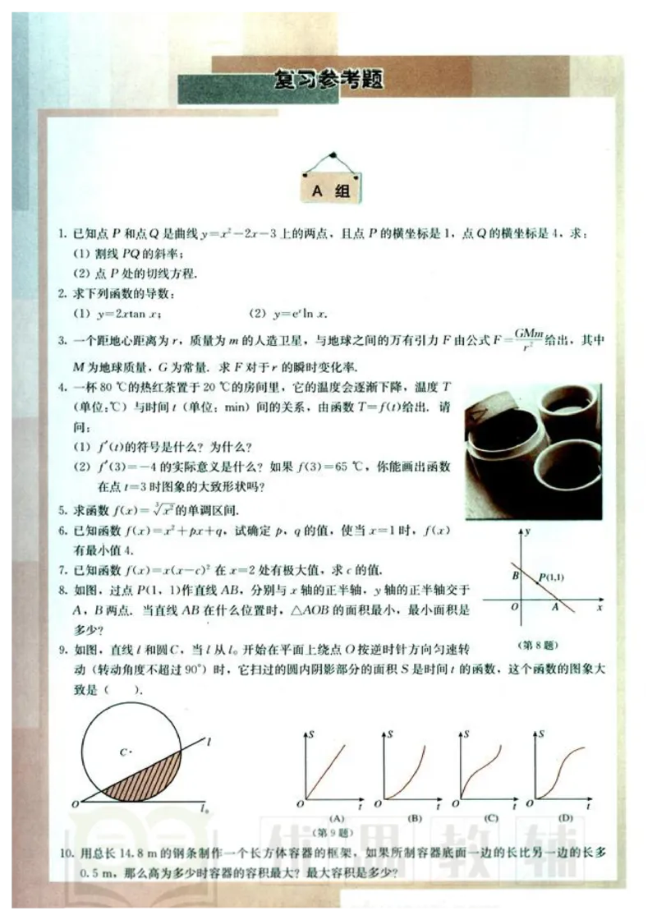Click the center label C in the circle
coord(125,751)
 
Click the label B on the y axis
coord(516,575)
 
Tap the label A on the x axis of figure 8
coord(554,608)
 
